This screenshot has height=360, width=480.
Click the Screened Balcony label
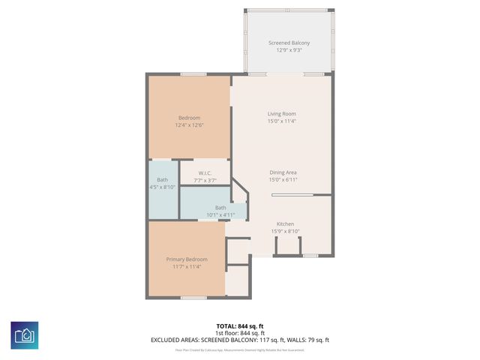coord(289,43)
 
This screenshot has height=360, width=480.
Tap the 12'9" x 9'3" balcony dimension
coord(289,50)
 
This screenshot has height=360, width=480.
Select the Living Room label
coord(282,113)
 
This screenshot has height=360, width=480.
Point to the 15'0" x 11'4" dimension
coord(282,121)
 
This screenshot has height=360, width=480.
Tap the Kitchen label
coord(285,223)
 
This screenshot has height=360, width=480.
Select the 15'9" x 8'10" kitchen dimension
coord(285,231)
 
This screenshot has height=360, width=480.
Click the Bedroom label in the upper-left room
coord(189,118)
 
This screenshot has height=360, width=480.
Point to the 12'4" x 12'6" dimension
coord(189,125)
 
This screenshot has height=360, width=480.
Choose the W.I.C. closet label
coord(205,173)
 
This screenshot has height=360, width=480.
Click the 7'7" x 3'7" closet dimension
coord(205,181)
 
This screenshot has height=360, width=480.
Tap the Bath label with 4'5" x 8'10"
coord(163,180)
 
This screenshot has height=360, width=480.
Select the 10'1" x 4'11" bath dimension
coord(220,215)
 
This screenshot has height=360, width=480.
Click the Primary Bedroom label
coord(187,259)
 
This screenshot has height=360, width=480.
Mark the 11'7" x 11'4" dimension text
coord(187,267)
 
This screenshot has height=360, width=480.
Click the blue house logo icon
coord(24,334)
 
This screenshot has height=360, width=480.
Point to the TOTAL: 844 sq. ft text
coord(240,326)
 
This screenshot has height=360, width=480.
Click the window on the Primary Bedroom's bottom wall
coord(193,298)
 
